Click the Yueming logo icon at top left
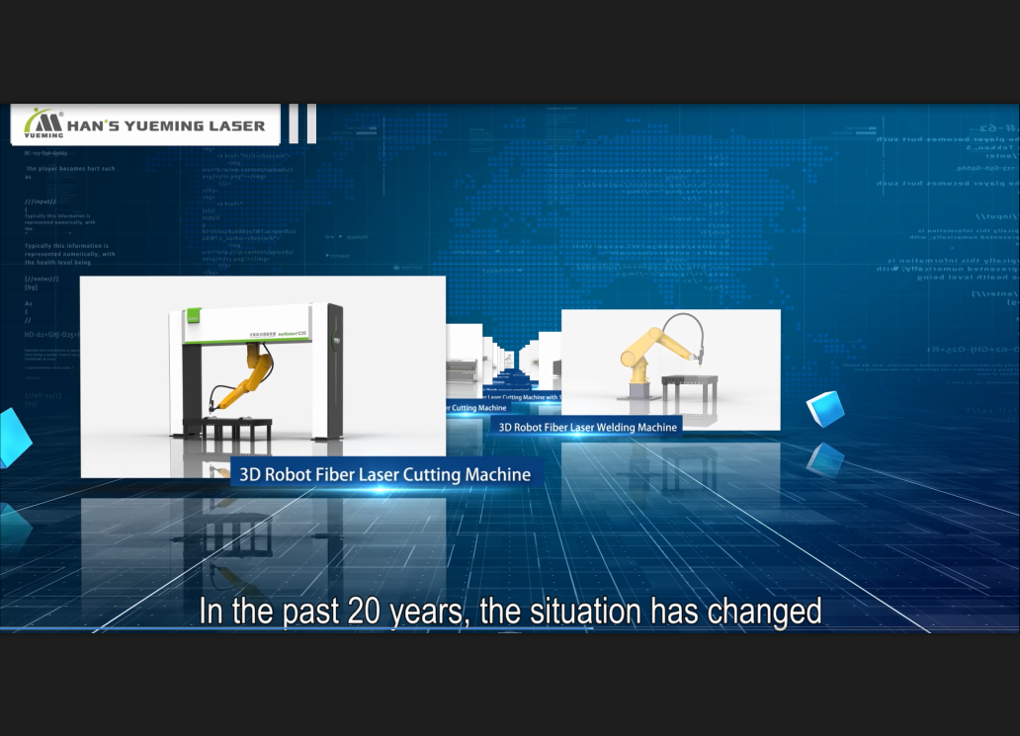tap(43, 123)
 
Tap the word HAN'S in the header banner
tap(95, 125)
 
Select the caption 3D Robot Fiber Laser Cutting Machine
tap(384, 475)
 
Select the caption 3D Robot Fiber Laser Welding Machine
tap(587, 428)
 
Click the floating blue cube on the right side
tap(825, 408)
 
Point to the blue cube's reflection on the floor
tap(824, 458)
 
